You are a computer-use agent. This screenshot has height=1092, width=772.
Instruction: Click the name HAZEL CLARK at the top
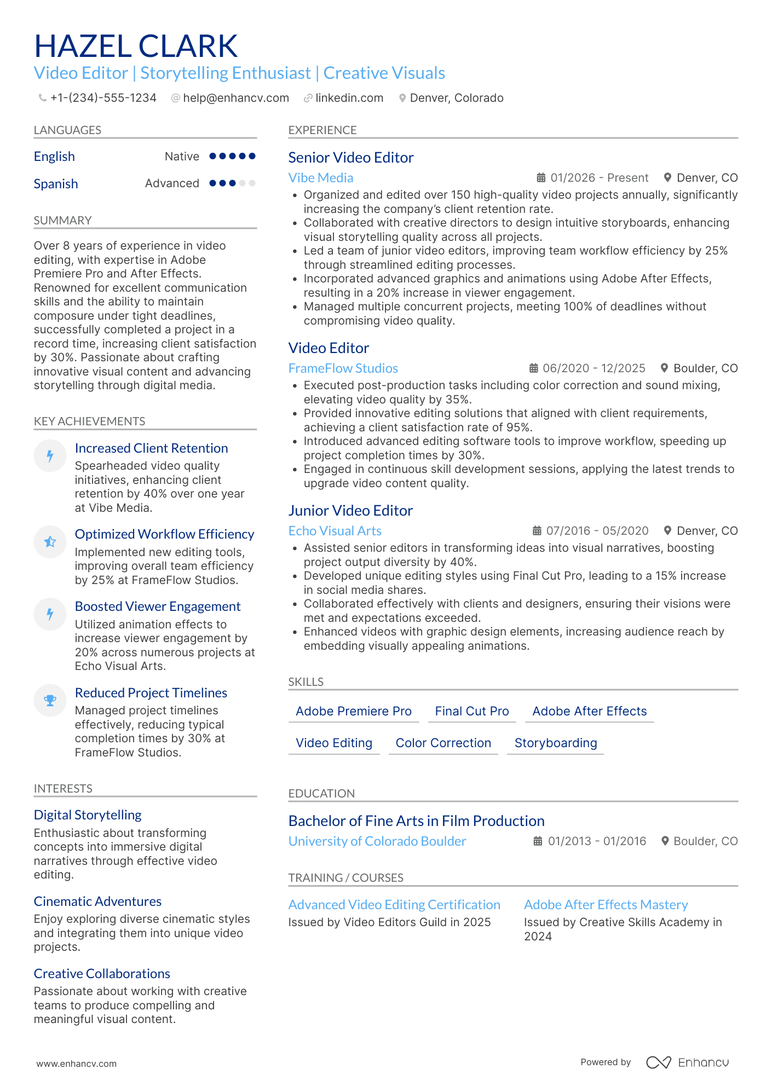136,46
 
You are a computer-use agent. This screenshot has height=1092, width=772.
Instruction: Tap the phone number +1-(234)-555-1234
103,98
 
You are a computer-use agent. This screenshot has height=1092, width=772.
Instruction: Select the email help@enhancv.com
236,98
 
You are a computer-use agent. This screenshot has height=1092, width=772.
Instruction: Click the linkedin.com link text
349,98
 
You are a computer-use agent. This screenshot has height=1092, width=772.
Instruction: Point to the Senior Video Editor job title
350,158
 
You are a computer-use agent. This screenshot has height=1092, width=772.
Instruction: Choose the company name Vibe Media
320,178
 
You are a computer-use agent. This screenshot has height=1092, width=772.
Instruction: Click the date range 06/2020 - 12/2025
594,368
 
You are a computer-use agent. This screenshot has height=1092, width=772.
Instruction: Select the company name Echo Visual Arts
335,531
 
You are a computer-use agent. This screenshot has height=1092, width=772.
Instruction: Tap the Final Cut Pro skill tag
471,711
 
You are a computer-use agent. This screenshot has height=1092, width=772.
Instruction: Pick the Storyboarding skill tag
555,743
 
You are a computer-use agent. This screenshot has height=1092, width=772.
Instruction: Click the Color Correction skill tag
443,743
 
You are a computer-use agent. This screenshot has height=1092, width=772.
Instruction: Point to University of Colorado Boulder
377,841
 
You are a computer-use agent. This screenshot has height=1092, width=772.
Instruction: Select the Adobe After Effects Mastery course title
606,905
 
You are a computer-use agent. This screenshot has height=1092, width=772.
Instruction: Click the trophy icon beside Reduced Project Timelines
50,700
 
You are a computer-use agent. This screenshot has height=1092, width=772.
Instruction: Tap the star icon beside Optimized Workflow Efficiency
50,541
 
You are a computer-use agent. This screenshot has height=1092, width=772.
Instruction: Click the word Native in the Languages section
182,157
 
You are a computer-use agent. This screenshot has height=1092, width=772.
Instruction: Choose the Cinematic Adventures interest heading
97,902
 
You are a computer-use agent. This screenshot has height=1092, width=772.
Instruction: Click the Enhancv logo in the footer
687,1062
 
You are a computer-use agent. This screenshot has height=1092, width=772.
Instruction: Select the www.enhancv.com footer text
76,1064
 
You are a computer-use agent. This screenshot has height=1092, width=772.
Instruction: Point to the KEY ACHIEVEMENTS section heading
89,421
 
